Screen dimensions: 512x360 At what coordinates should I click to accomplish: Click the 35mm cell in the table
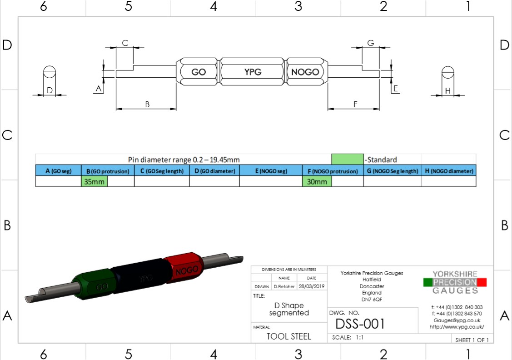pos(94,181)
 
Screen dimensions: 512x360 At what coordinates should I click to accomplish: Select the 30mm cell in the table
pos(317,181)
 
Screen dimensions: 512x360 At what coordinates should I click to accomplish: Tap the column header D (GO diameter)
pos(215,171)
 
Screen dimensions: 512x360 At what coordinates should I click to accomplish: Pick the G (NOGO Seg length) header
pos(393,171)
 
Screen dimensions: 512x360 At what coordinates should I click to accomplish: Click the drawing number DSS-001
pos(360,324)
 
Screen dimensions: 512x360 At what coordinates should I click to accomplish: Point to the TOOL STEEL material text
pos(288,336)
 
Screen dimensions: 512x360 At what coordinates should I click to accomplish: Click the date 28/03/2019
pos(312,286)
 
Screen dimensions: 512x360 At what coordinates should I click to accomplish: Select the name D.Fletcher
pos(284,286)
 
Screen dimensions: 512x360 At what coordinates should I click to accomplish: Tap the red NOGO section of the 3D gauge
pos(184,267)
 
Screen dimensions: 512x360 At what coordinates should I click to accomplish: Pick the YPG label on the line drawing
pos(253,72)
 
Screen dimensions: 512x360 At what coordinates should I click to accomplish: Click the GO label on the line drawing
pos(199,72)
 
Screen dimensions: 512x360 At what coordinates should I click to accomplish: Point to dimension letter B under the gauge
pos(147,104)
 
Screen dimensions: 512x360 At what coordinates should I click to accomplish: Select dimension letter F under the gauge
pos(355,104)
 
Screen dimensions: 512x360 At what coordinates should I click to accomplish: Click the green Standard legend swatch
pos(348,159)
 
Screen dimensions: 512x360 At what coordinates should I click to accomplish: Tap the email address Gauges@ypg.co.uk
pos(457,320)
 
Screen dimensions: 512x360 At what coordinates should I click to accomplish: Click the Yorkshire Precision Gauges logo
pos(455,282)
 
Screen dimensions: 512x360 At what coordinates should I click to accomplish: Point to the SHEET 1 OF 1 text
pos(472,340)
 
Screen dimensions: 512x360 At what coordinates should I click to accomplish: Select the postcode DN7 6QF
pos(372,299)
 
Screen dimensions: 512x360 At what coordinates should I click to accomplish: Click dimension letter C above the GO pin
pos(125,43)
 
